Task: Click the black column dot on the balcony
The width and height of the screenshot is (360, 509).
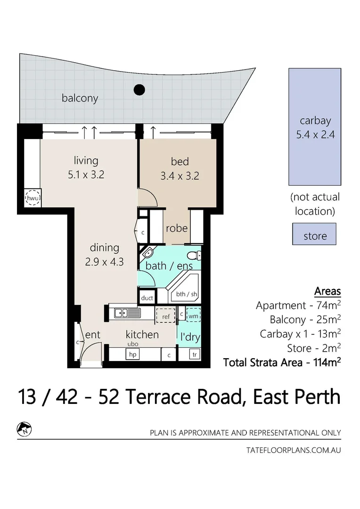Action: point(139,89)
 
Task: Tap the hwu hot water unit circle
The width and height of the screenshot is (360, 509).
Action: point(33,198)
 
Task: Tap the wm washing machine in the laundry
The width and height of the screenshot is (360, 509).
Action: point(193,314)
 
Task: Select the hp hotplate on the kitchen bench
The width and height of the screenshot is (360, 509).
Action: point(132,354)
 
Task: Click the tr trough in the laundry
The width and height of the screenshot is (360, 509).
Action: point(195,354)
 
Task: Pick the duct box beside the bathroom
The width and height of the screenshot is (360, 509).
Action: point(147,298)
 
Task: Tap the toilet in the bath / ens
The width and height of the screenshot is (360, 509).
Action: point(193,256)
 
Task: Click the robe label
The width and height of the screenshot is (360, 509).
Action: point(177,229)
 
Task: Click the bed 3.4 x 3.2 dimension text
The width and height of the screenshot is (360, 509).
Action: point(180,176)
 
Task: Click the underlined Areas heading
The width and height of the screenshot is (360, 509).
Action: point(327,291)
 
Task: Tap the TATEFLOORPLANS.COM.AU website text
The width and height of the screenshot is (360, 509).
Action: point(293,450)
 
